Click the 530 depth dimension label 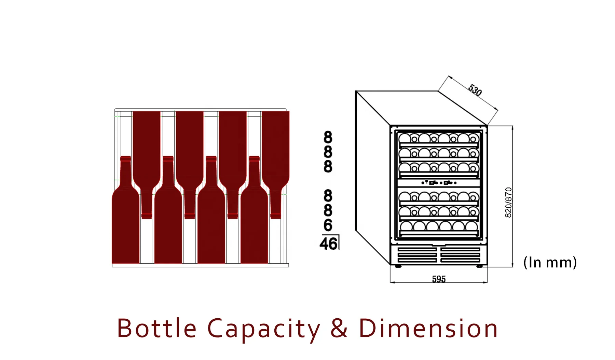click(x=475, y=90)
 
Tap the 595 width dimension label click(x=439, y=279)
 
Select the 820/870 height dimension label click(x=508, y=202)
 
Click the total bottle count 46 click(x=328, y=244)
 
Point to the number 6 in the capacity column click(x=328, y=225)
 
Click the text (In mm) click(x=550, y=262)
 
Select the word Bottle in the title click(x=157, y=328)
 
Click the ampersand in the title click(x=339, y=328)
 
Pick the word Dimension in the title click(x=428, y=328)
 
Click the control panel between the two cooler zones click(x=439, y=183)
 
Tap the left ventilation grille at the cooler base click(x=417, y=255)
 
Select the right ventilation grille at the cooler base click(x=460, y=255)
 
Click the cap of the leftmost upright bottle click(x=126, y=158)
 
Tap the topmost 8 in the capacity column click(x=328, y=137)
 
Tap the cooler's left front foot click(x=398, y=266)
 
